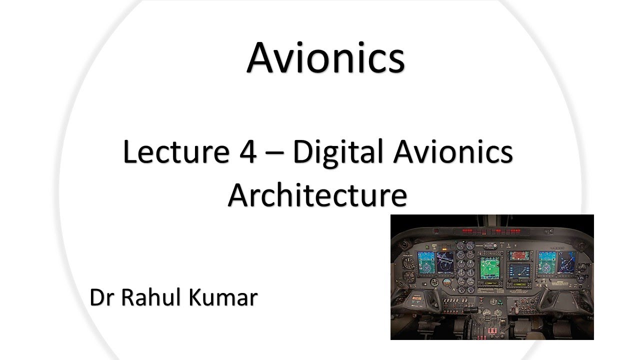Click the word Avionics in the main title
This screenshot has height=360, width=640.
click(325, 57)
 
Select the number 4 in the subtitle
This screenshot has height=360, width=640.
click(245, 152)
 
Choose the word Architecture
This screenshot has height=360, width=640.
click(317, 195)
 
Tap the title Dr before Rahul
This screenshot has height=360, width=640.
click(102, 297)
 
